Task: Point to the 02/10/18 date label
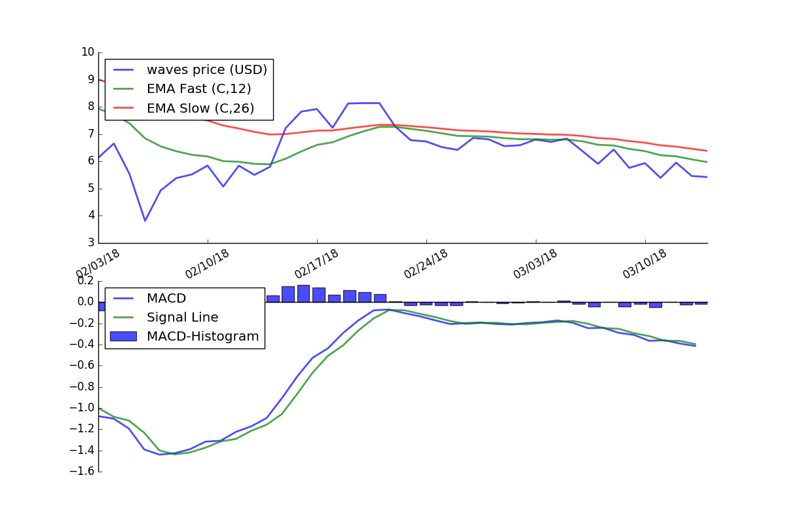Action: pos(208,263)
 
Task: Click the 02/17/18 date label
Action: pos(317,263)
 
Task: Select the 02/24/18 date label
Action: pos(426,263)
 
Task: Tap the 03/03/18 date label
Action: pos(536,263)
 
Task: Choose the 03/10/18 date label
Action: pos(645,263)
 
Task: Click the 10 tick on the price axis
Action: pos(87,52)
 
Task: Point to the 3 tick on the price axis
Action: pos(90,243)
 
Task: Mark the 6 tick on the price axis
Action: pos(90,161)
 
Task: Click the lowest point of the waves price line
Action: pos(145,221)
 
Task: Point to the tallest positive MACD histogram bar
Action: pos(303,293)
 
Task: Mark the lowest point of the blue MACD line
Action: pos(160,455)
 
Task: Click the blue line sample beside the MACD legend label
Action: pos(123,299)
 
